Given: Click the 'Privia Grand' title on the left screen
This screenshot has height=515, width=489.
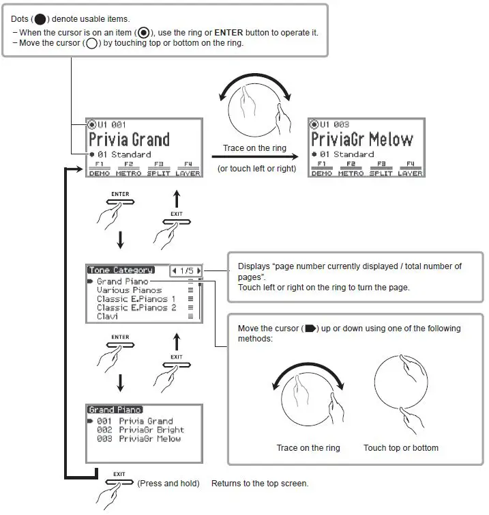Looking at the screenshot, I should (x=130, y=140).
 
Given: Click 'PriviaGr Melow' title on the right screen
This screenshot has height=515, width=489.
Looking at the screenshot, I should (x=362, y=140).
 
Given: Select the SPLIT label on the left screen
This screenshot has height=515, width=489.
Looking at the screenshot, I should (x=158, y=173).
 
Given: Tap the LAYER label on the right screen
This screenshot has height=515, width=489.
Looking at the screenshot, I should (x=410, y=173).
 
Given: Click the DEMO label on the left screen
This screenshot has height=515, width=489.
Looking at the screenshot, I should (x=99, y=173).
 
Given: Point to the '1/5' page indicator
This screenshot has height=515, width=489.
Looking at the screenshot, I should (x=186, y=270).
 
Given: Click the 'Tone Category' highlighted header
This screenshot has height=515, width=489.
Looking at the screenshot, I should (x=120, y=270).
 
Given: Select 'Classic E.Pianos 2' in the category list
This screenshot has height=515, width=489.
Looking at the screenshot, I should (x=136, y=308).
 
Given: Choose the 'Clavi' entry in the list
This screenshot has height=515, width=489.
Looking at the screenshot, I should (x=108, y=317).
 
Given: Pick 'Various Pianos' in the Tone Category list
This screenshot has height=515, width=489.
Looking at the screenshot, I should (x=130, y=290).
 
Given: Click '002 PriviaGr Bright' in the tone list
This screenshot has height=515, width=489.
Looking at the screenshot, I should (x=140, y=430).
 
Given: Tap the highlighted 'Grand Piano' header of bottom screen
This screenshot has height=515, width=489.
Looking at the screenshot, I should (x=115, y=410).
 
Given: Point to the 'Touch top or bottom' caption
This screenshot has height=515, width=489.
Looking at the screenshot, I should (x=401, y=448).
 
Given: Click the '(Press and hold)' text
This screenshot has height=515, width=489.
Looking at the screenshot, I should (x=168, y=484).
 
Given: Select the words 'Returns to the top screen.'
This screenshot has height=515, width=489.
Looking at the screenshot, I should (x=260, y=484).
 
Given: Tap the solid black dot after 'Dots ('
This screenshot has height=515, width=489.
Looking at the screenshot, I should (x=40, y=19).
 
